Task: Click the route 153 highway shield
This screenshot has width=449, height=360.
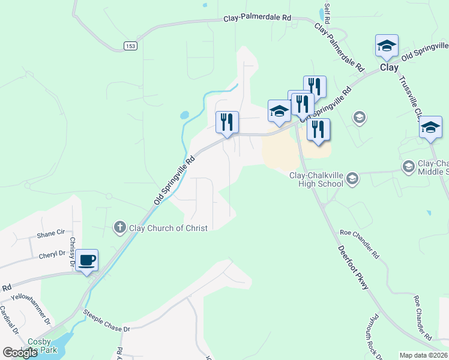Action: [130, 46]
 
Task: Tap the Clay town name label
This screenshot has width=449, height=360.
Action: [389, 68]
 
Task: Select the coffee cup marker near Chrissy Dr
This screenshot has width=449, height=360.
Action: [88, 260]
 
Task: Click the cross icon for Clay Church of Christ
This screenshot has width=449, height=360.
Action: [119, 227]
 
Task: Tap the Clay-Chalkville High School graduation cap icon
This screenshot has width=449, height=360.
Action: [352, 178]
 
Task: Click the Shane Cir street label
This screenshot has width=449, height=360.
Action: [50, 233]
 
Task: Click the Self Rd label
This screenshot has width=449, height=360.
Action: [327, 10]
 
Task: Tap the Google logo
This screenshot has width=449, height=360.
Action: [20, 353]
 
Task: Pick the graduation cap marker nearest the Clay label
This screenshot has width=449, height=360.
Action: [387, 46]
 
